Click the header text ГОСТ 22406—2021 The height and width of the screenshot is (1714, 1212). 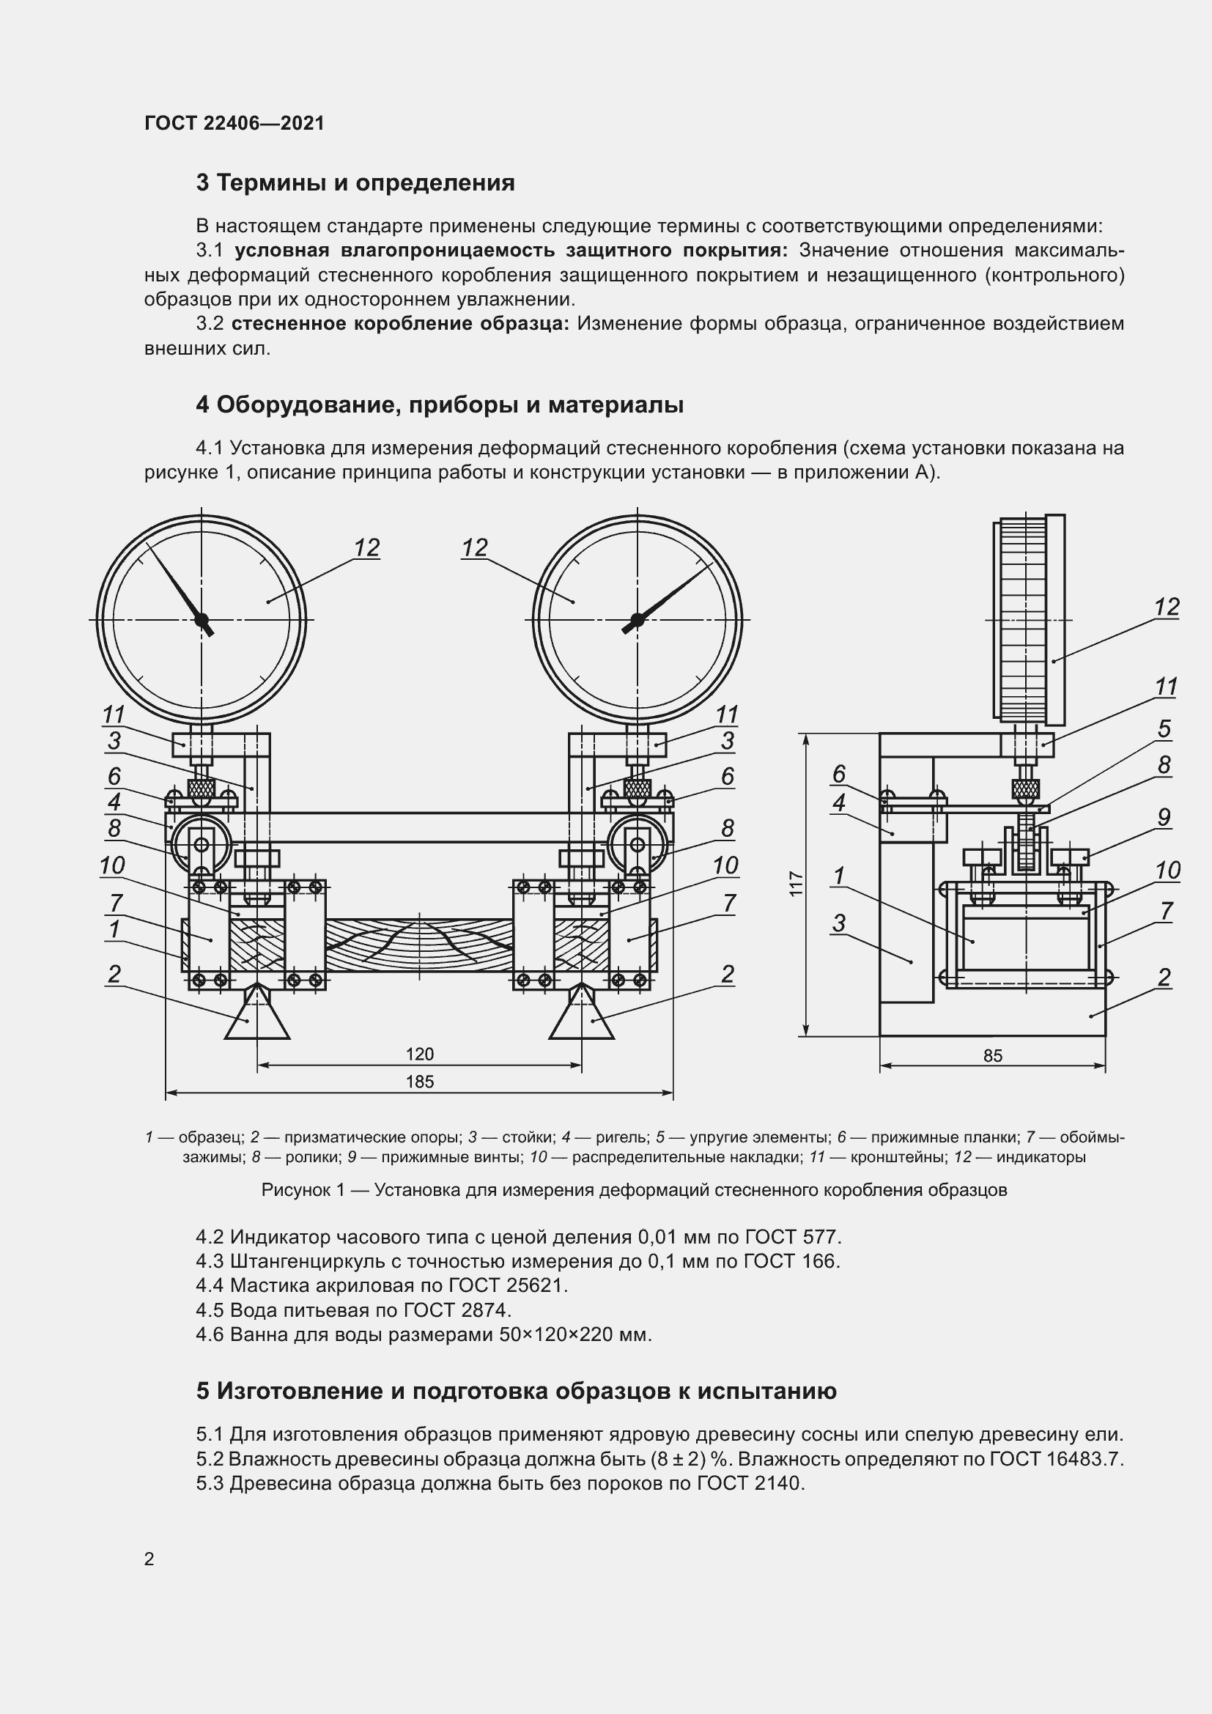coord(234,123)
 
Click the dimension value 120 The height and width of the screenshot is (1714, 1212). coord(419,1054)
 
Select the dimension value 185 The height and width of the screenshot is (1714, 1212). coord(419,1082)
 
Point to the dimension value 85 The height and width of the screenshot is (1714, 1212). coord(993,1055)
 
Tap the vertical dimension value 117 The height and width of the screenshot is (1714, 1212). coord(796,884)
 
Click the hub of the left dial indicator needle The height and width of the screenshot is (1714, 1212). coord(201,619)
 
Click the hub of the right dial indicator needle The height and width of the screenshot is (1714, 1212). coord(637,619)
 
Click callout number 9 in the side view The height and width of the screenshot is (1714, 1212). coord(1164,818)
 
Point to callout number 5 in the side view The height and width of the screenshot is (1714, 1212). coord(1164,728)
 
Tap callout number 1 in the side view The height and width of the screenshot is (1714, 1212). coord(839,875)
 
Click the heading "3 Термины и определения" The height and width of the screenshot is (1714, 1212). coord(355,183)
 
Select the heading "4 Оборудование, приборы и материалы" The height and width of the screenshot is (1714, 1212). coord(440,405)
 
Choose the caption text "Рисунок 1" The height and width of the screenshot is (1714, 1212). coord(302,1190)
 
